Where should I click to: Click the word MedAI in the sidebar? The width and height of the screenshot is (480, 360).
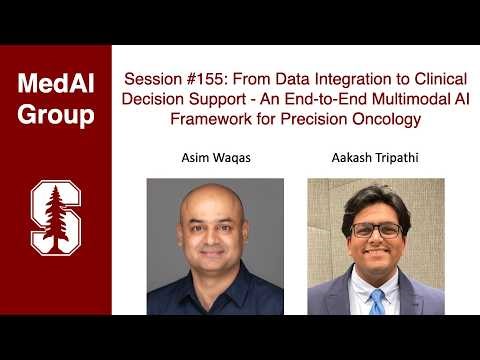click(55, 84)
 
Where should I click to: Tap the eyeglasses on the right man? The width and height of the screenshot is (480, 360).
click(375, 229)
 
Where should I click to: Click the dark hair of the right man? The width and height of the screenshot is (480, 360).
click(373, 196)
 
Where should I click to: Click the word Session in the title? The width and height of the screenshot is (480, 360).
click(152, 79)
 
